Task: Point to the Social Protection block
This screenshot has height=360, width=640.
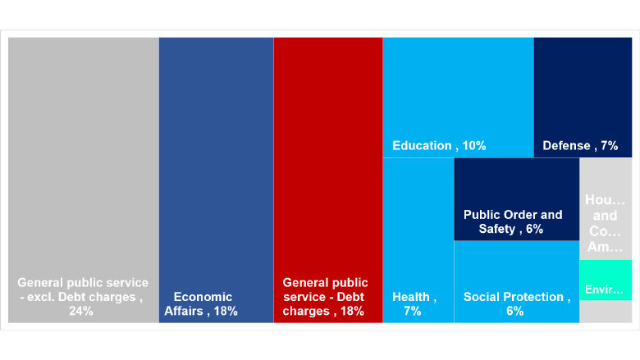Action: point(516,271)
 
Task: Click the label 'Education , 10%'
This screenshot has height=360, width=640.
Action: point(439,146)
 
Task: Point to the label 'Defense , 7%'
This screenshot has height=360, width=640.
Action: point(580,146)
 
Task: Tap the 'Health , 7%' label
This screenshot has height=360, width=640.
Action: point(414,303)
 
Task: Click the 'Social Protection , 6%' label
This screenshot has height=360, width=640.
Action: point(514,303)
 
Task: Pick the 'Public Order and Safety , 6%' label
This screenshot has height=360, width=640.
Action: point(513,222)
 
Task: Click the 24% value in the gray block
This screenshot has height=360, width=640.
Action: point(81,312)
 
